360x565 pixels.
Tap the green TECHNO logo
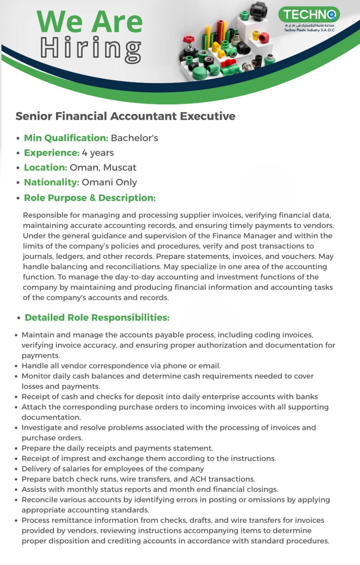coord(309,14)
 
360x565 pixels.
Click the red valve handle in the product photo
coord(189,40)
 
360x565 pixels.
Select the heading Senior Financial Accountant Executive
coord(125,116)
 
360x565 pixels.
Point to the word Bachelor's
coord(134,138)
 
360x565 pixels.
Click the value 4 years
coord(98,153)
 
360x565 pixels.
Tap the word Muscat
coord(120,168)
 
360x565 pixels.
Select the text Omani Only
coord(109,182)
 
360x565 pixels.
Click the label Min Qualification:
coord(66,138)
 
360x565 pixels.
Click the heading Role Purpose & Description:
coord(90,198)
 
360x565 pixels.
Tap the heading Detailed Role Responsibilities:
coord(97,317)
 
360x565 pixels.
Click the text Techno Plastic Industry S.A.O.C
coord(309,30)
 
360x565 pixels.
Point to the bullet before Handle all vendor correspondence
coord(16,366)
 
